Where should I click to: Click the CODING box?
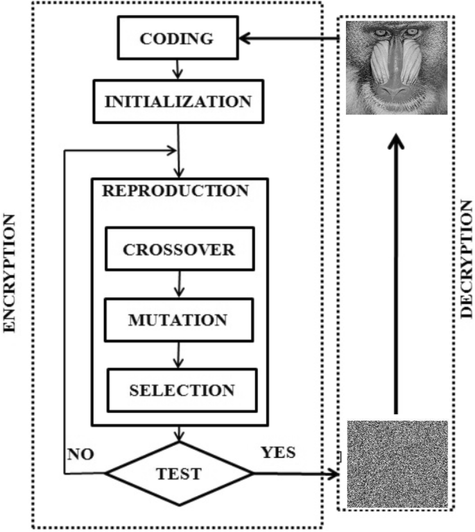coord(177,38)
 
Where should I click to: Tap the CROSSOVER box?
coord(178,249)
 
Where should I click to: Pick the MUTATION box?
coord(178,320)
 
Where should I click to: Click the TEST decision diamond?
coord(179,474)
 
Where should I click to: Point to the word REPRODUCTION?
coord(175,191)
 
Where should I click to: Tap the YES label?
coord(277,454)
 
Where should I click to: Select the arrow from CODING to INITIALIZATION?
coord(178,70)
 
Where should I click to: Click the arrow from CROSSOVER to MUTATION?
coord(179,283)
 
